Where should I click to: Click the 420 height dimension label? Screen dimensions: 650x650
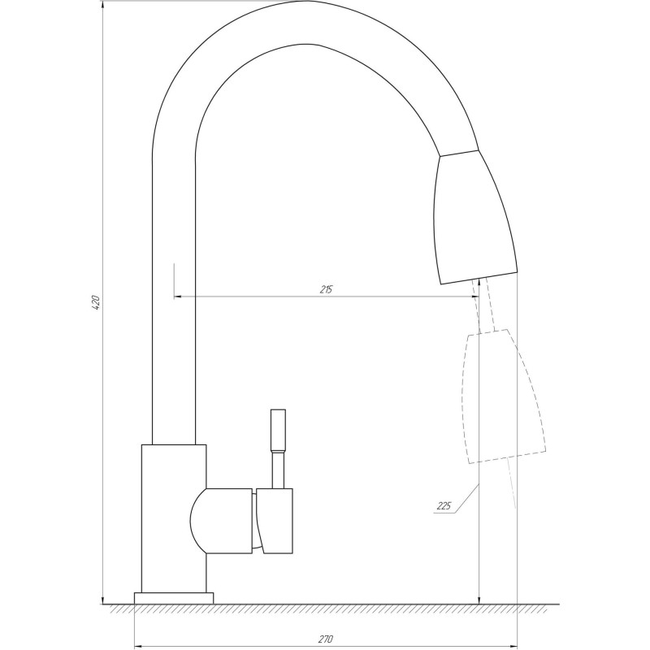pyautogui.click(x=95, y=304)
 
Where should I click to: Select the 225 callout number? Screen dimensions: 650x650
pyautogui.click(x=444, y=506)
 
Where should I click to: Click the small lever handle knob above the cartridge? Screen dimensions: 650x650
pyautogui.click(x=279, y=431)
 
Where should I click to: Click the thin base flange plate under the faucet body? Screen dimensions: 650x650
pyautogui.click(x=174, y=598)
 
